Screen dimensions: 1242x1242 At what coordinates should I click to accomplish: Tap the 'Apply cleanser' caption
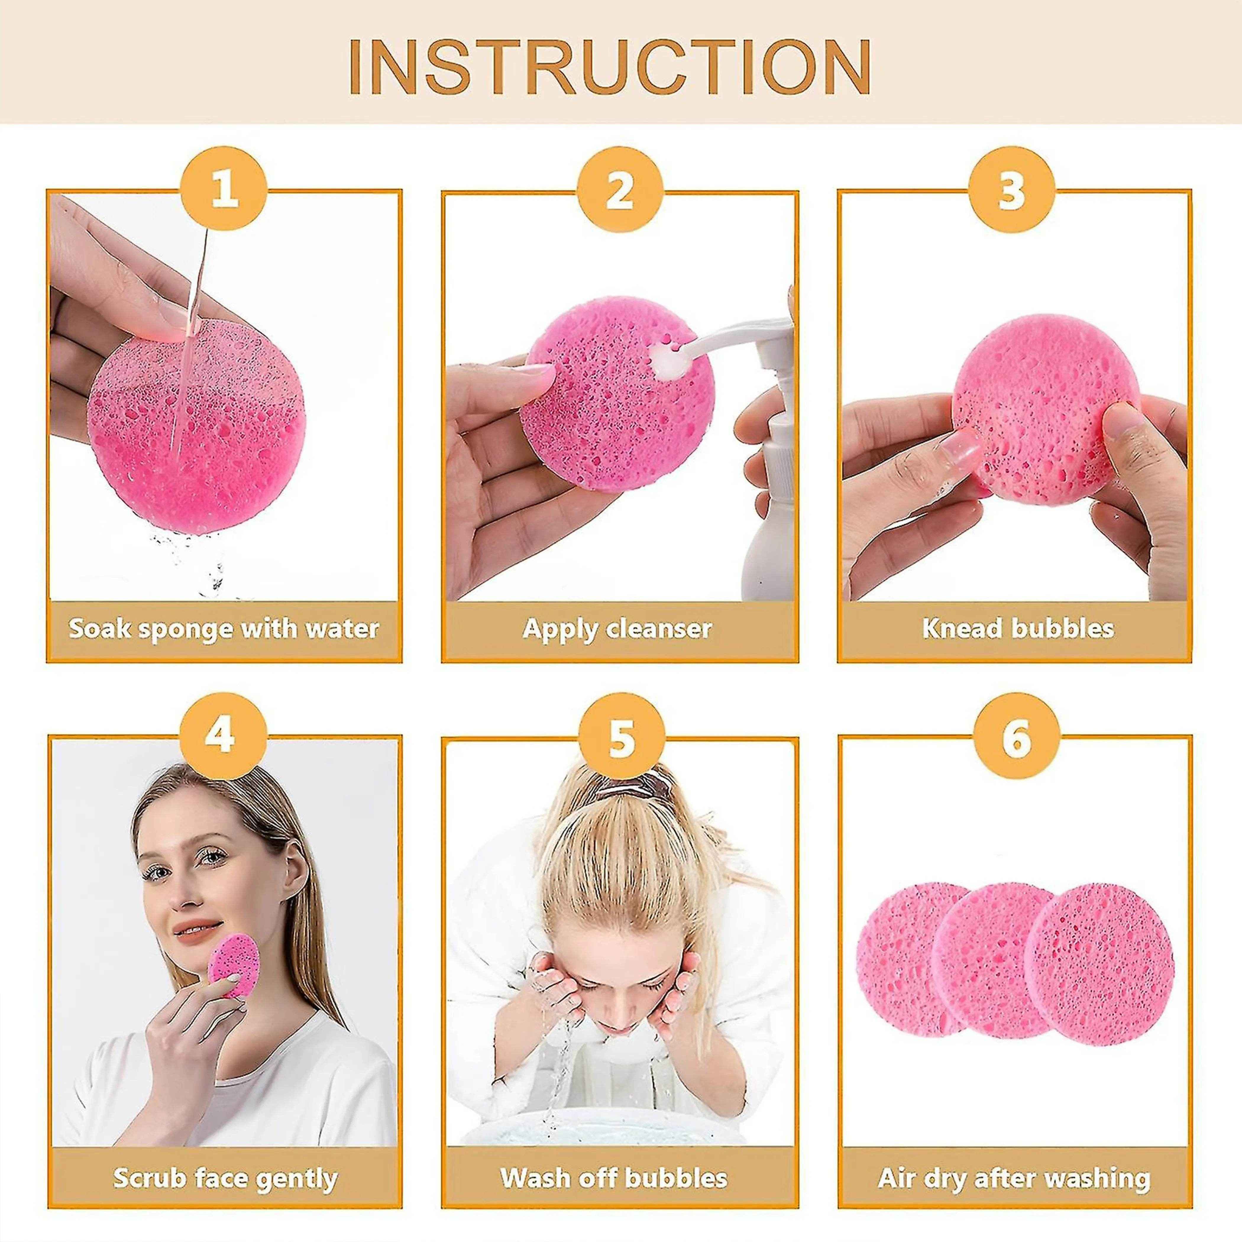click(618, 629)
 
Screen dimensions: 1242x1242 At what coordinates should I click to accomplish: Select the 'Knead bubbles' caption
click(1018, 629)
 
